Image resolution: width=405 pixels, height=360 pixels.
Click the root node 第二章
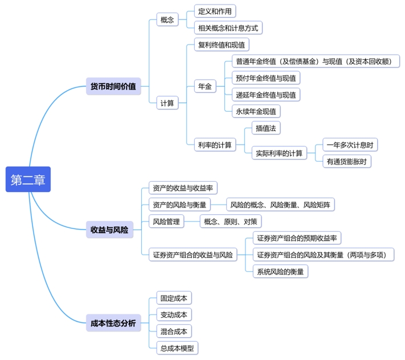(x=28, y=179)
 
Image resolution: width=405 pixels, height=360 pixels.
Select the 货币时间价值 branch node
(x=113, y=87)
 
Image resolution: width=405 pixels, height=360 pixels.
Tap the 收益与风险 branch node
(x=109, y=230)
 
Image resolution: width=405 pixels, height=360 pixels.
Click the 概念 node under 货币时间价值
(x=167, y=19)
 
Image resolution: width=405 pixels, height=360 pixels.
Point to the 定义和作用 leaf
(x=215, y=11)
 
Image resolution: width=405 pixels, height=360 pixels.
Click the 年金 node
(x=204, y=87)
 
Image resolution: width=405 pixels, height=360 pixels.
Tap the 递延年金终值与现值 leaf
(x=266, y=95)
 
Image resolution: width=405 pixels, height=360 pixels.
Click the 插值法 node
(x=266, y=128)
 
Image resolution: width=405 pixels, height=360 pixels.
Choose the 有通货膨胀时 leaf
(x=346, y=161)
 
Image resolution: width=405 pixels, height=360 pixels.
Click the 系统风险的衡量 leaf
(x=280, y=272)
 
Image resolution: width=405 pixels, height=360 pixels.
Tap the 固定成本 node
(x=173, y=298)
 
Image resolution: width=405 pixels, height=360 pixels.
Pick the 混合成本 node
(x=173, y=331)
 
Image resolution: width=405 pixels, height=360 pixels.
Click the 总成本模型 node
(x=177, y=347)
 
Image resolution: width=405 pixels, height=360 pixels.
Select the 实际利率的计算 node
(x=279, y=153)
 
